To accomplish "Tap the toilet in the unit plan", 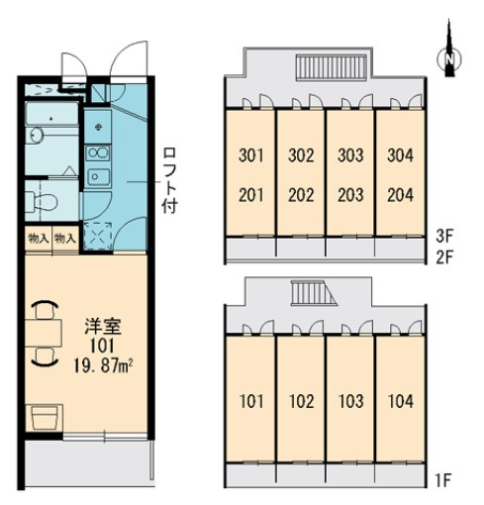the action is pyautogui.click(x=43, y=201).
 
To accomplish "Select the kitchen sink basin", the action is pyautogui.click(x=98, y=177).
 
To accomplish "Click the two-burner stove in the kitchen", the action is pyautogui.click(x=98, y=152).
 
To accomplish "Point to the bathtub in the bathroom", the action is pyautogui.click(x=51, y=113).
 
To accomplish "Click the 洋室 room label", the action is pyautogui.click(x=103, y=326).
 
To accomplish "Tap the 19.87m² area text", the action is pyautogui.click(x=103, y=365).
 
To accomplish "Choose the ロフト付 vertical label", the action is pyautogui.click(x=170, y=180).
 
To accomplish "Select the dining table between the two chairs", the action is pyautogui.click(x=44, y=333).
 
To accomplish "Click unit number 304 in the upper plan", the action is pyautogui.click(x=400, y=155).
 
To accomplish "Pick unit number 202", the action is pyautogui.click(x=301, y=195).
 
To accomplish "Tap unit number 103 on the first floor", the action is pyautogui.click(x=351, y=401).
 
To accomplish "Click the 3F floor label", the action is pyautogui.click(x=445, y=236).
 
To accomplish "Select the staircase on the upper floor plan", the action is pyautogui.click(x=332, y=67).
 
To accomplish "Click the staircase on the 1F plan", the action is pyautogui.click(x=313, y=293).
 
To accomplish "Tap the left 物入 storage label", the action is pyautogui.click(x=39, y=238).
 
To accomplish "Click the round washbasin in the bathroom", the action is pyautogui.click(x=37, y=135).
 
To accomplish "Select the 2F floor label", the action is pyautogui.click(x=445, y=257).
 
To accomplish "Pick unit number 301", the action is pyautogui.click(x=251, y=155).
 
